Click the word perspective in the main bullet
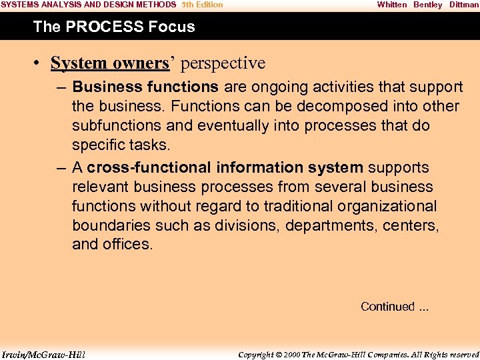[223, 63]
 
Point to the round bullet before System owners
[40, 63]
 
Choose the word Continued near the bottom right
[387, 307]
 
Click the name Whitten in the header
[391, 5]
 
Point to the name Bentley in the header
[427, 5]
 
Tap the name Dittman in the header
[464, 5]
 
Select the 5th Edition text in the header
[202, 5]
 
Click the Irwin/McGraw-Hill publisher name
[43, 354]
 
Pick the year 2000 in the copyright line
[292, 354]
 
